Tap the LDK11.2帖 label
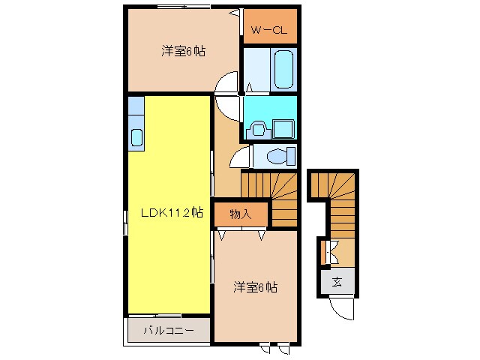click(x=172, y=212)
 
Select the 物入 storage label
click(x=240, y=214)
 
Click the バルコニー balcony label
click(x=168, y=330)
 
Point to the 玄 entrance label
click(x=337, y=282)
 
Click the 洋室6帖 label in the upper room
click(x=184, y=51)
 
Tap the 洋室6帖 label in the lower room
click(x=255, y=286)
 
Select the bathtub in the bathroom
click(x=284, y=69)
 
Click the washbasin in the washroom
click(x=259, y=129)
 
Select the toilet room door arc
click(x=240, y=156)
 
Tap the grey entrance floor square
click(x=337, y=282)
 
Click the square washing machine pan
click(x=283, y=129)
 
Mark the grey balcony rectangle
click(x=168, y=330)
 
